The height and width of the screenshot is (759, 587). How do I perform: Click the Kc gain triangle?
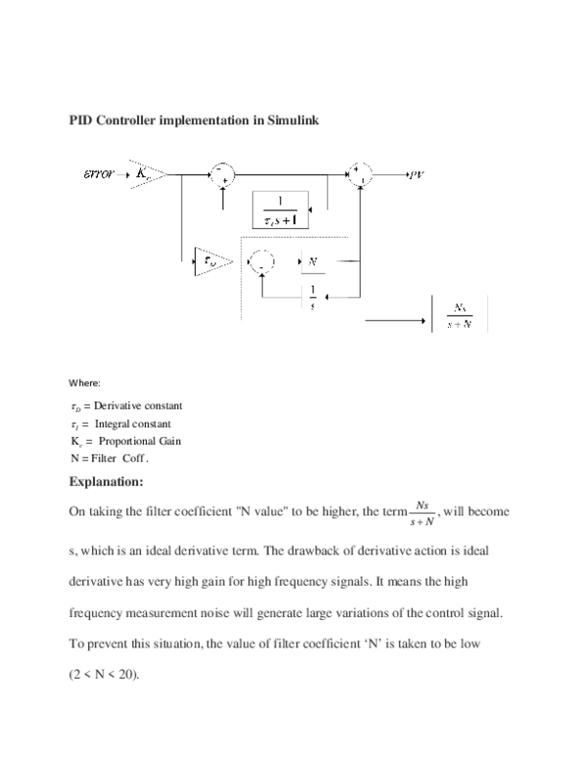pyautogui.click(x=144, y=175)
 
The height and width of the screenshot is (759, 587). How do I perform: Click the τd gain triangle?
pyautogui.click(x=210, y=261)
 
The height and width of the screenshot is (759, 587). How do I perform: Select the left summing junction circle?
pyautogui.click(x=222, y=175)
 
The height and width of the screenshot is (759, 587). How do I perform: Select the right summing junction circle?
pyautogui.click(x=359, y=175)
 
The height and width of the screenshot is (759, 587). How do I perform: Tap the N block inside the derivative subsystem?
pyautogui.click(x=313, y=262)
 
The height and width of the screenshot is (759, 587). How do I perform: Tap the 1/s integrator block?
pyautogui.click(x=313, y=296)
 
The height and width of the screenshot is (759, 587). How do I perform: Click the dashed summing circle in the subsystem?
pyautogui.click(x=262, y=262)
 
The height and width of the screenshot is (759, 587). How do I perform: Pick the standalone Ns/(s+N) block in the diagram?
pyautogui.click(x=460, y=314)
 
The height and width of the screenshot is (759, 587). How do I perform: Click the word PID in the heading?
pyautogui.click(x=80, y=121)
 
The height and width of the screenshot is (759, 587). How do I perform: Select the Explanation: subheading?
pyautogui.click(x=107, y=481)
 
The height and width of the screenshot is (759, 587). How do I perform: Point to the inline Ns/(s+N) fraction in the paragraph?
pyautogui.click(x=422, y=512)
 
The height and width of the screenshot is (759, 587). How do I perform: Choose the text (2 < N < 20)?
pyautogui.click(x=105, y=676)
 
